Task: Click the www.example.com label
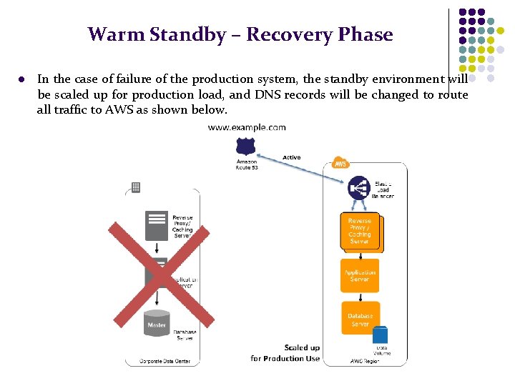(247, 127)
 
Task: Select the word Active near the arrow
(291, 157)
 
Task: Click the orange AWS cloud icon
(341, 163)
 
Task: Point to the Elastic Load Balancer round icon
(358, 188)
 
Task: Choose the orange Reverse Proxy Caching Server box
(360, 231)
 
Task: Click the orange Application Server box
(360, 275)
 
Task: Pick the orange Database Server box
(360, 319)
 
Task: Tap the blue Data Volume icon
(380, 335)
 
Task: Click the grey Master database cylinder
(157, 323)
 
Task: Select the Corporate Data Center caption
(165, 362)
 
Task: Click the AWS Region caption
(365, 362)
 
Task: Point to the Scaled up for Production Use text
(285, 353)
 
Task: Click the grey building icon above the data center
(135, 187)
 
